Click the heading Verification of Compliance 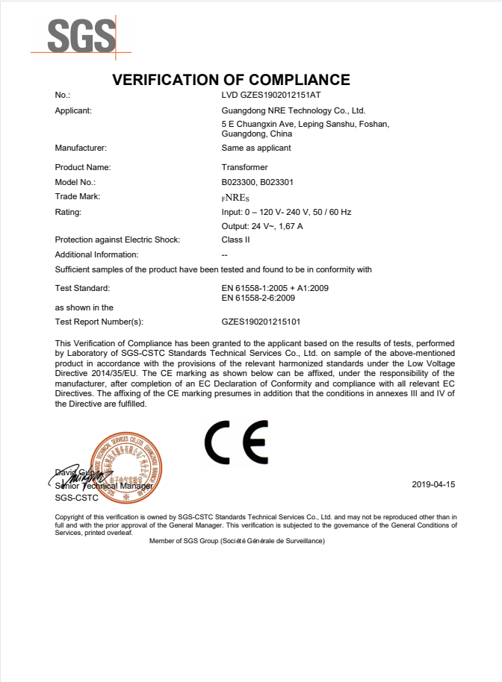tap(231, 80)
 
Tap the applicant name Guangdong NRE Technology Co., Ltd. tap(293, 110)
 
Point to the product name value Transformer tap(244, 167)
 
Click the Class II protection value tap(235, 240)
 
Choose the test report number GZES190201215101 tap(261, 322)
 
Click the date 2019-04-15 tap(433, 484)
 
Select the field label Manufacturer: tap(81, 148)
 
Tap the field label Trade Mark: tap(78, 196)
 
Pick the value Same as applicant tap(256, 148)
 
